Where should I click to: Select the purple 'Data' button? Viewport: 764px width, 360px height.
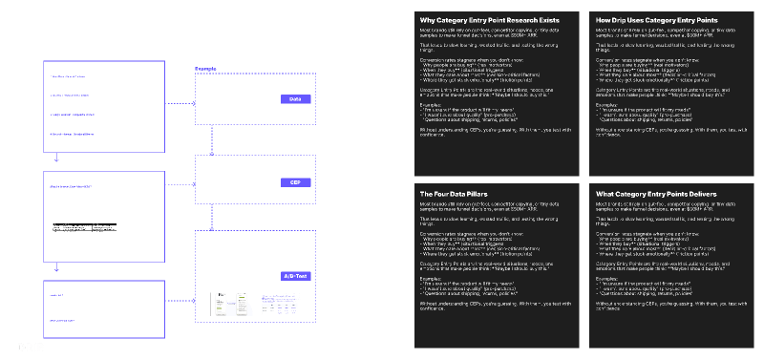[x=295, y=98]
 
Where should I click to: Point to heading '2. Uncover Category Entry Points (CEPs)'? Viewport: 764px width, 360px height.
[x=95, y=166]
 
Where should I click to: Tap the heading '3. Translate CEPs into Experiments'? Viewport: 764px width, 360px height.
[x=92, y=275]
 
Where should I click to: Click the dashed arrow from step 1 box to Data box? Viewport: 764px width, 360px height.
[x=181, y=98]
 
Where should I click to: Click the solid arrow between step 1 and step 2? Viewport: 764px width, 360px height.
[x=58, y=151]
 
